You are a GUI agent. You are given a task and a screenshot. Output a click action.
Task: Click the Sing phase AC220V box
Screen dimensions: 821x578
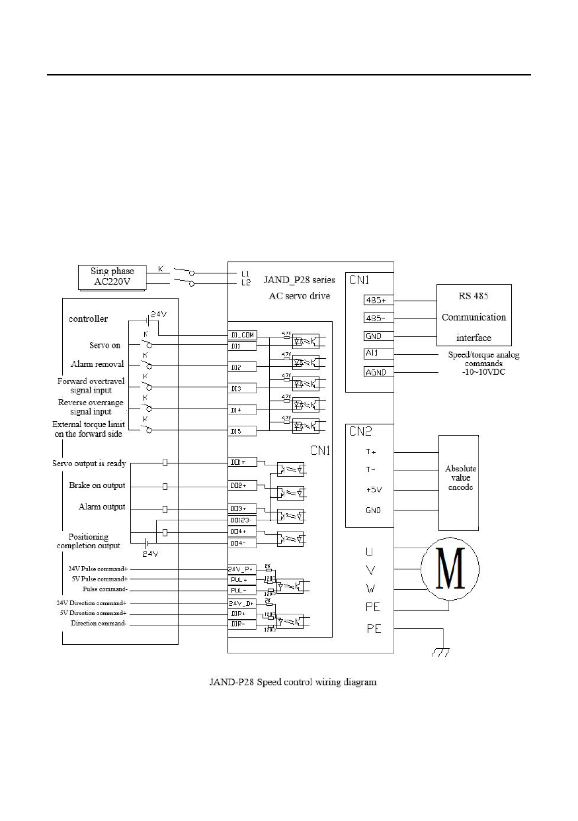[x=112, y=277]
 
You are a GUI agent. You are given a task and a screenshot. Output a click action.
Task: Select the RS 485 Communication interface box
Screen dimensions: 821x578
[x=473, y=316]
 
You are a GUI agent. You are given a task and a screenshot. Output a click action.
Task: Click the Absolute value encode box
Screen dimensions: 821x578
[x=460, y=477]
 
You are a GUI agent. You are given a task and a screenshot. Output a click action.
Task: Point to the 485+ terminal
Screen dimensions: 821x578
[x=378, y=299]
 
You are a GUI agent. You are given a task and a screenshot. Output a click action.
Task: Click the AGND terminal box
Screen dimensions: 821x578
[x=378, y=372]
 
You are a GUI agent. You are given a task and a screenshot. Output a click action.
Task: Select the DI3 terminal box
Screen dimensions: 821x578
[x=243, y=387]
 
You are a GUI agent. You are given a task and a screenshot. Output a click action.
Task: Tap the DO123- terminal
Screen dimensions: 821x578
[x=243, y=520]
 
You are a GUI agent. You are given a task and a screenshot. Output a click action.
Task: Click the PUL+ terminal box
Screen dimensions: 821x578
[x=243, y=579]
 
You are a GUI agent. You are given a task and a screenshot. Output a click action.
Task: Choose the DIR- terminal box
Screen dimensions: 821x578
[x=243, y=624]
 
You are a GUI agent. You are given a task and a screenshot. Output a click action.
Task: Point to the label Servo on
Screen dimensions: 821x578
[x=106, y=346]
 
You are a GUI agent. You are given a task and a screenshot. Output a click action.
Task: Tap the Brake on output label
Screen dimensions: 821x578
[x=97, y=486]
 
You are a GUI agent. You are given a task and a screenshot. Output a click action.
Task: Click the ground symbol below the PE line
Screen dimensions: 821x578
[x=440, y=652]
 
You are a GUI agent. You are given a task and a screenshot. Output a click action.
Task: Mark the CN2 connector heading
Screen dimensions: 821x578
[x=360, y=432]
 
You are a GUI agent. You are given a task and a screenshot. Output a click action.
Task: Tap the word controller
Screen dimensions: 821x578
[x=88, y=318]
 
